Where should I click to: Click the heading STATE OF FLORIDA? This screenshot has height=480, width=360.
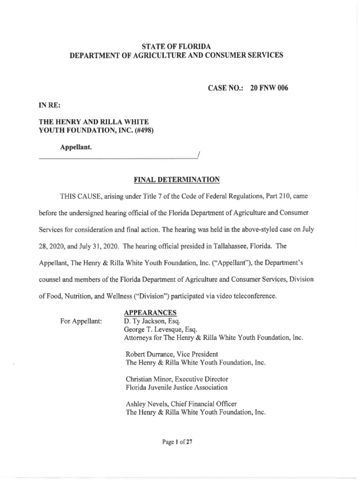pos(176,46)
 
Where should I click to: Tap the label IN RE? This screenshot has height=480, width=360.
pos(48,107)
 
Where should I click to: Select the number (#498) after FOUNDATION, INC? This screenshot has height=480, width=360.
pos(140,130)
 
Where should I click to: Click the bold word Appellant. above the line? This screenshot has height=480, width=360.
pos(76,147)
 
